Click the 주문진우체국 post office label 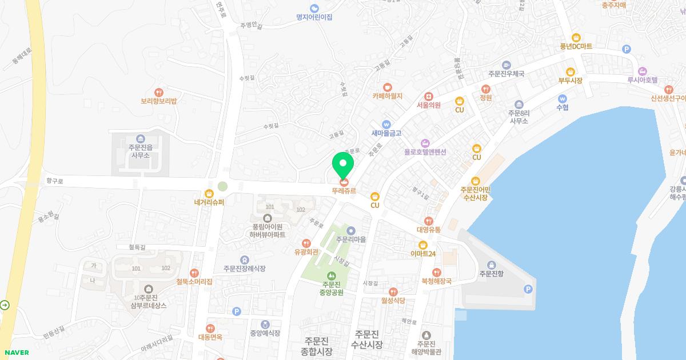(x=506, y=74)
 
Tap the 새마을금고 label (x=386, y=133)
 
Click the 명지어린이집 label (x=314, y=17)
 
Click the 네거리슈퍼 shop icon (x=209, y=193)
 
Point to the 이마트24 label (x=423, y=253)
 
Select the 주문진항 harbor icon (x=491, y=264)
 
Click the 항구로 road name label (x=55, y=181)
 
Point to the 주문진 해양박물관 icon (x=425, y=335)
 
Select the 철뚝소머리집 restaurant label (x=194, y=281)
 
